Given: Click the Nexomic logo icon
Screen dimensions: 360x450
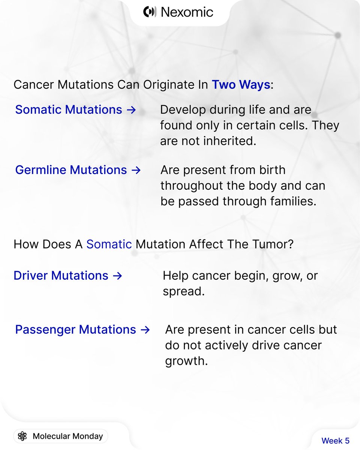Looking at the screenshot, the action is click(x=150, y=12).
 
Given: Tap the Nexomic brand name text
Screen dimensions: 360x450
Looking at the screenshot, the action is click(x=187, y=12).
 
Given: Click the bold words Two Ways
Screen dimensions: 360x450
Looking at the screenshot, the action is click(x=241, y=85).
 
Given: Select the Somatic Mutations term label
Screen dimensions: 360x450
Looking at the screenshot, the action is click(x=69, y=109).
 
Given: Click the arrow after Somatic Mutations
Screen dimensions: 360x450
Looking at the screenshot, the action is click(x=131, y=110).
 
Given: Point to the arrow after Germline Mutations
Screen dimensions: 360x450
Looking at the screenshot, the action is click(x=136, y=170).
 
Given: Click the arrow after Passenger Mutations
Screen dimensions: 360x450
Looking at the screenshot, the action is click(x=145, y=330).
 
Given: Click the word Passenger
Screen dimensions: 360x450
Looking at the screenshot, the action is click(x=45, y=330).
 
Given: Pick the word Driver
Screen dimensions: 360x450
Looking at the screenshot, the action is click(x=30, y=275).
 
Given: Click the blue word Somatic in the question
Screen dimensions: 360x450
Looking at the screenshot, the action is click(x=109, y=244).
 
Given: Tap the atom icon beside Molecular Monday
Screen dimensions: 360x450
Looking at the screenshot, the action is click(x=22, y=436).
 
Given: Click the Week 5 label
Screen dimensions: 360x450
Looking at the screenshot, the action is click(x=335, y=441).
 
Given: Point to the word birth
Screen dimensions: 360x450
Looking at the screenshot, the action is click(x=272, y=169).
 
